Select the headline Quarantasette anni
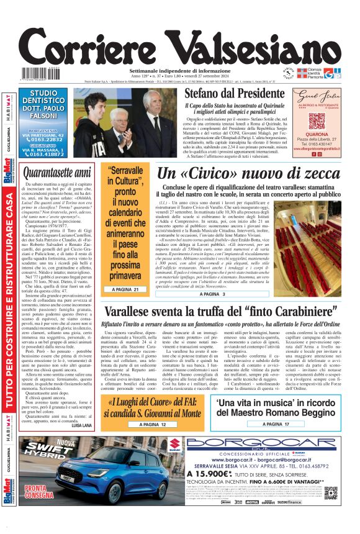[56, 172]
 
